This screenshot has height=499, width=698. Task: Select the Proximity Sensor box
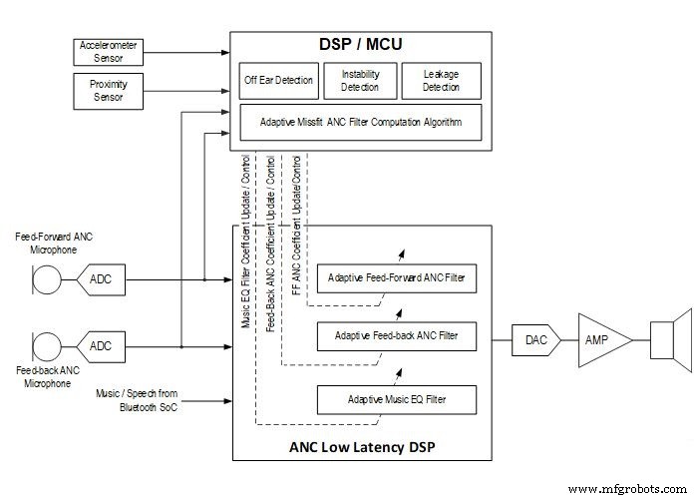coord(109,90)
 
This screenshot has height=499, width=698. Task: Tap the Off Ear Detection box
coord(279,80)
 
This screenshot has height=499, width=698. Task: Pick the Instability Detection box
coord(360,81)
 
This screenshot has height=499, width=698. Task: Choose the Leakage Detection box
coord(441,81)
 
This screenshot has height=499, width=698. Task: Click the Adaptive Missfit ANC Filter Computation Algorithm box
coord(361,123)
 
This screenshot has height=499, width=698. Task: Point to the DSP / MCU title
coord(360,44)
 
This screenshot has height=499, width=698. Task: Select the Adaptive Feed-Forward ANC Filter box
coord(396,276)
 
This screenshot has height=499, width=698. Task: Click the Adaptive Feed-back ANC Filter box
coord(396,337)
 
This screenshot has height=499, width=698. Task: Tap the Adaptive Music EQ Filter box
coord(396,400)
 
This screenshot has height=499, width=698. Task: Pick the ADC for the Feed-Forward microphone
coord(101,279)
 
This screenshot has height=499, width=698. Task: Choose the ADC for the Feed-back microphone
coord(101,346)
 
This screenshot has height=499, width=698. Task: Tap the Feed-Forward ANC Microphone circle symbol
coord(42,279)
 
